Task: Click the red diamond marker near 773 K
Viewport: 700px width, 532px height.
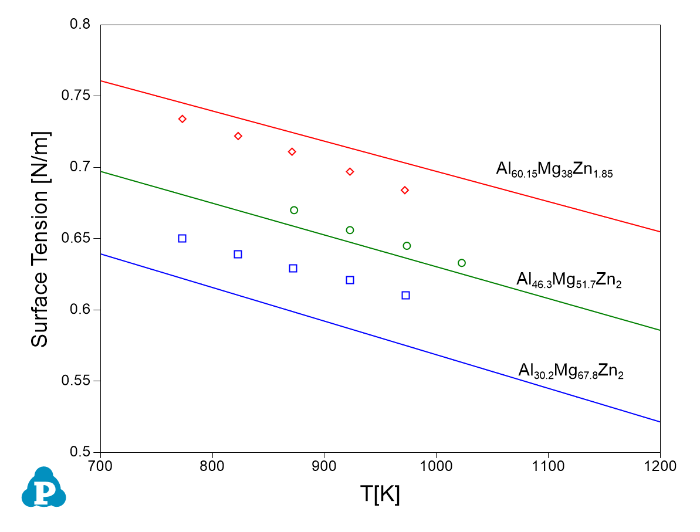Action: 182,119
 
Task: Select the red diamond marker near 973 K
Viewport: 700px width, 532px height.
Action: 405,190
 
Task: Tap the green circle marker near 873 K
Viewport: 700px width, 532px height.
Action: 294,210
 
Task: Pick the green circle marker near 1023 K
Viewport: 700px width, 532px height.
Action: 462,263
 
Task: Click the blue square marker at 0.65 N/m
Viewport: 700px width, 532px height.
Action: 182,238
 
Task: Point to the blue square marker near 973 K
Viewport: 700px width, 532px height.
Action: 405,295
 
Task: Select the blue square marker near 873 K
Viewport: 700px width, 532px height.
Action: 293,268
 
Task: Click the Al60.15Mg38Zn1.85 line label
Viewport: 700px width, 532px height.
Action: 554,170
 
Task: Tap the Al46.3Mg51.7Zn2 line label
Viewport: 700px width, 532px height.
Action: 569,280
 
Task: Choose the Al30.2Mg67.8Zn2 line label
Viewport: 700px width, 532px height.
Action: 570,371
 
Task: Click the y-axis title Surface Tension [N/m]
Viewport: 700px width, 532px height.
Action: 40,239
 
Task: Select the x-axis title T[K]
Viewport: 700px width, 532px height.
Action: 380,495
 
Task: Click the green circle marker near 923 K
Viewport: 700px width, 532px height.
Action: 350,230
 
